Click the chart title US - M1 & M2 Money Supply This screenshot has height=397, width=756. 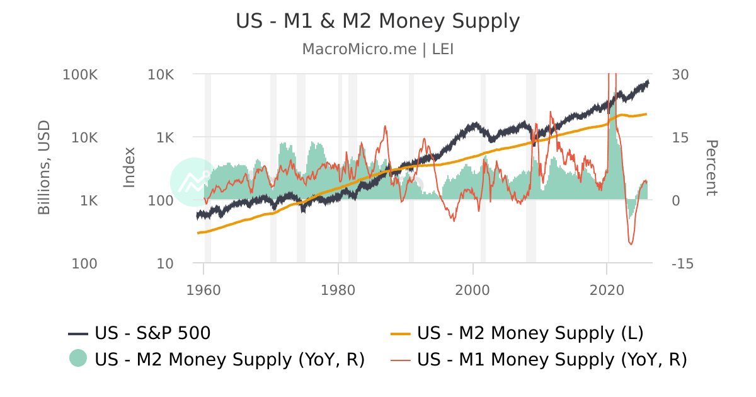(378, 21)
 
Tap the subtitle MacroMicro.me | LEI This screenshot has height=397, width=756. (378, 49)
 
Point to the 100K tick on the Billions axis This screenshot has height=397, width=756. (81, 74)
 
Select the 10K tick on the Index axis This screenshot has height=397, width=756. (160, 74)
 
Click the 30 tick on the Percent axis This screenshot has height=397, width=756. (680, 74)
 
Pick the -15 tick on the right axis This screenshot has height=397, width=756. (682, 263)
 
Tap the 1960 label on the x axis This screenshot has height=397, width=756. (204, 291)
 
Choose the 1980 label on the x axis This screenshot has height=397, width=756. (338, 291)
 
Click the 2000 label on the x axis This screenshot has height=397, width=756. (472, 291)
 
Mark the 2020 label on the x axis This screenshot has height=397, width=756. (607, 291)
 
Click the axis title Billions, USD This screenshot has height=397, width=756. (44, 168)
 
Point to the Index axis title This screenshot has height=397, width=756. (129, 168)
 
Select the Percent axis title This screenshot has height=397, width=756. (711, 168)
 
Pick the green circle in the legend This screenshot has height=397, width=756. (78, 358)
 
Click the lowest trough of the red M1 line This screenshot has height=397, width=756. (631, 244)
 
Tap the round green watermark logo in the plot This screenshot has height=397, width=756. (194, 181)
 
